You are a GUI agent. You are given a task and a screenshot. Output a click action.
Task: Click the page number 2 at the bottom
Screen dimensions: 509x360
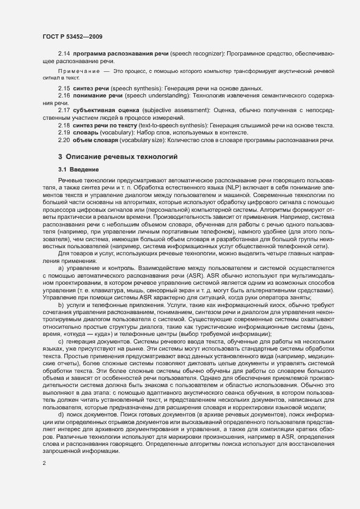coord(44,464)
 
